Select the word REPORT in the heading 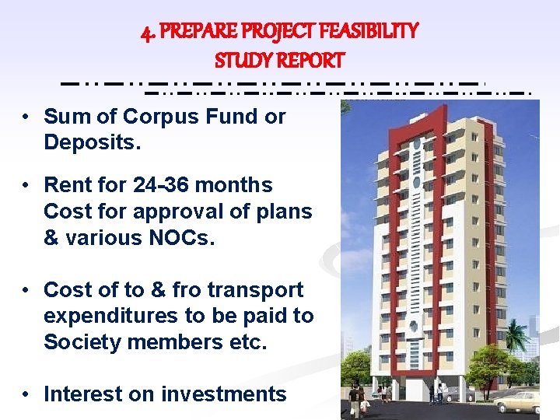coord(312,60)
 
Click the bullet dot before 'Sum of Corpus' coord(26,117)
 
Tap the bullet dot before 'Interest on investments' coord(26,395)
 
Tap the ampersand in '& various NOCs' coord(51,238)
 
